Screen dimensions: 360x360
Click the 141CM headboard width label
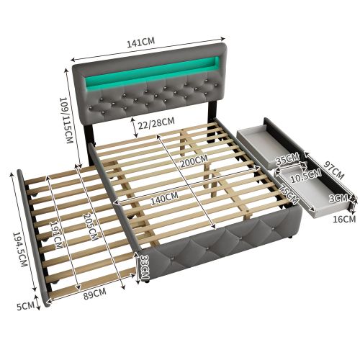tap(140, 42)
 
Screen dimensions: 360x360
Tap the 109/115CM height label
tap(66, 120)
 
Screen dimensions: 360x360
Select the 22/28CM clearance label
tap(157, 122)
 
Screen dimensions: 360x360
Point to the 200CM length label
tap(194, 161)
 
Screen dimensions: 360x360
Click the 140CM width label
tap(164, 198)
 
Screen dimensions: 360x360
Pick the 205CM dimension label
tap(91, 227)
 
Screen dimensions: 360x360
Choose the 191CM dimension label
tap(57, 235)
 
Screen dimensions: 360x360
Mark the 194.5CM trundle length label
tap(19, 249)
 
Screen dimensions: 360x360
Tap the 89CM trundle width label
tap(94, 294)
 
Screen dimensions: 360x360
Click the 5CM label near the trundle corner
tap(25, 306)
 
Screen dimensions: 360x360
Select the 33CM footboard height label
tap(145, 265)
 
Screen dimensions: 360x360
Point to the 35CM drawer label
tap(287, 159)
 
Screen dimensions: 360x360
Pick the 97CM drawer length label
tap(333, 170)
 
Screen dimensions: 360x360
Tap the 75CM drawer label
tap(289, 194)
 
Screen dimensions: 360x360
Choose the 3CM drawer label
tap(338, 199)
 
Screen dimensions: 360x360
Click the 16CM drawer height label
tap(343, 219)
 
